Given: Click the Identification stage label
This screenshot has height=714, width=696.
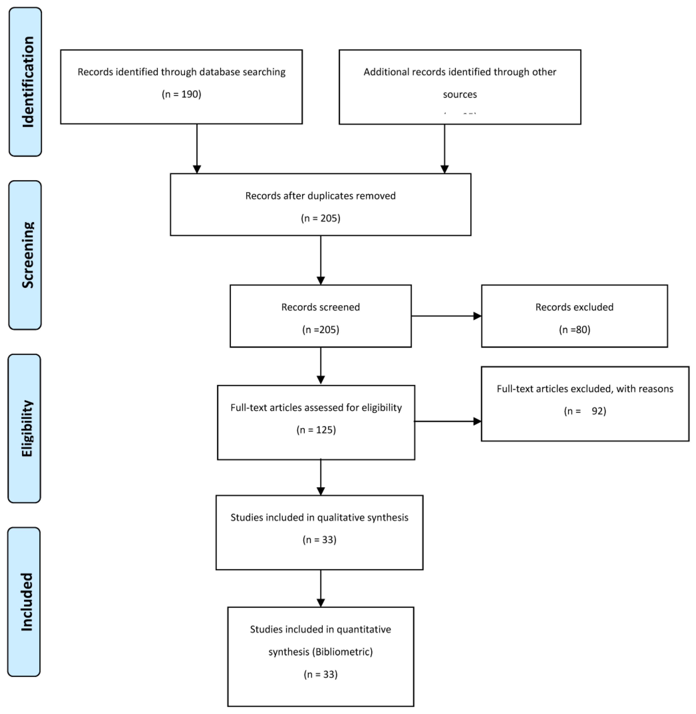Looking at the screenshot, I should coord(25,82).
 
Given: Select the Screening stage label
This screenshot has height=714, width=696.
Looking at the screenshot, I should coord(25,255).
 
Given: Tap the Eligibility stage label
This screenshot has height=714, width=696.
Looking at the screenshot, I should coord(25,428).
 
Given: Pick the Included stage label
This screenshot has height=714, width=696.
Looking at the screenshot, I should coord(25,601).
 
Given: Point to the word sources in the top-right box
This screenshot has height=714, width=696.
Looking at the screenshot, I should coord(460,95).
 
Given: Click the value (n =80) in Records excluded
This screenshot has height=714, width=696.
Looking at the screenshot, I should coord(574,330).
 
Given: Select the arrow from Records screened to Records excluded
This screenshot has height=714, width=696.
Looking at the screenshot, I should coord(446,316).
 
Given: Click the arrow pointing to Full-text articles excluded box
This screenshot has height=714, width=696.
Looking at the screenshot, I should coord(448,421).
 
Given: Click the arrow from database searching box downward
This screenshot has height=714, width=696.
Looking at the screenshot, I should coord(197,148).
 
